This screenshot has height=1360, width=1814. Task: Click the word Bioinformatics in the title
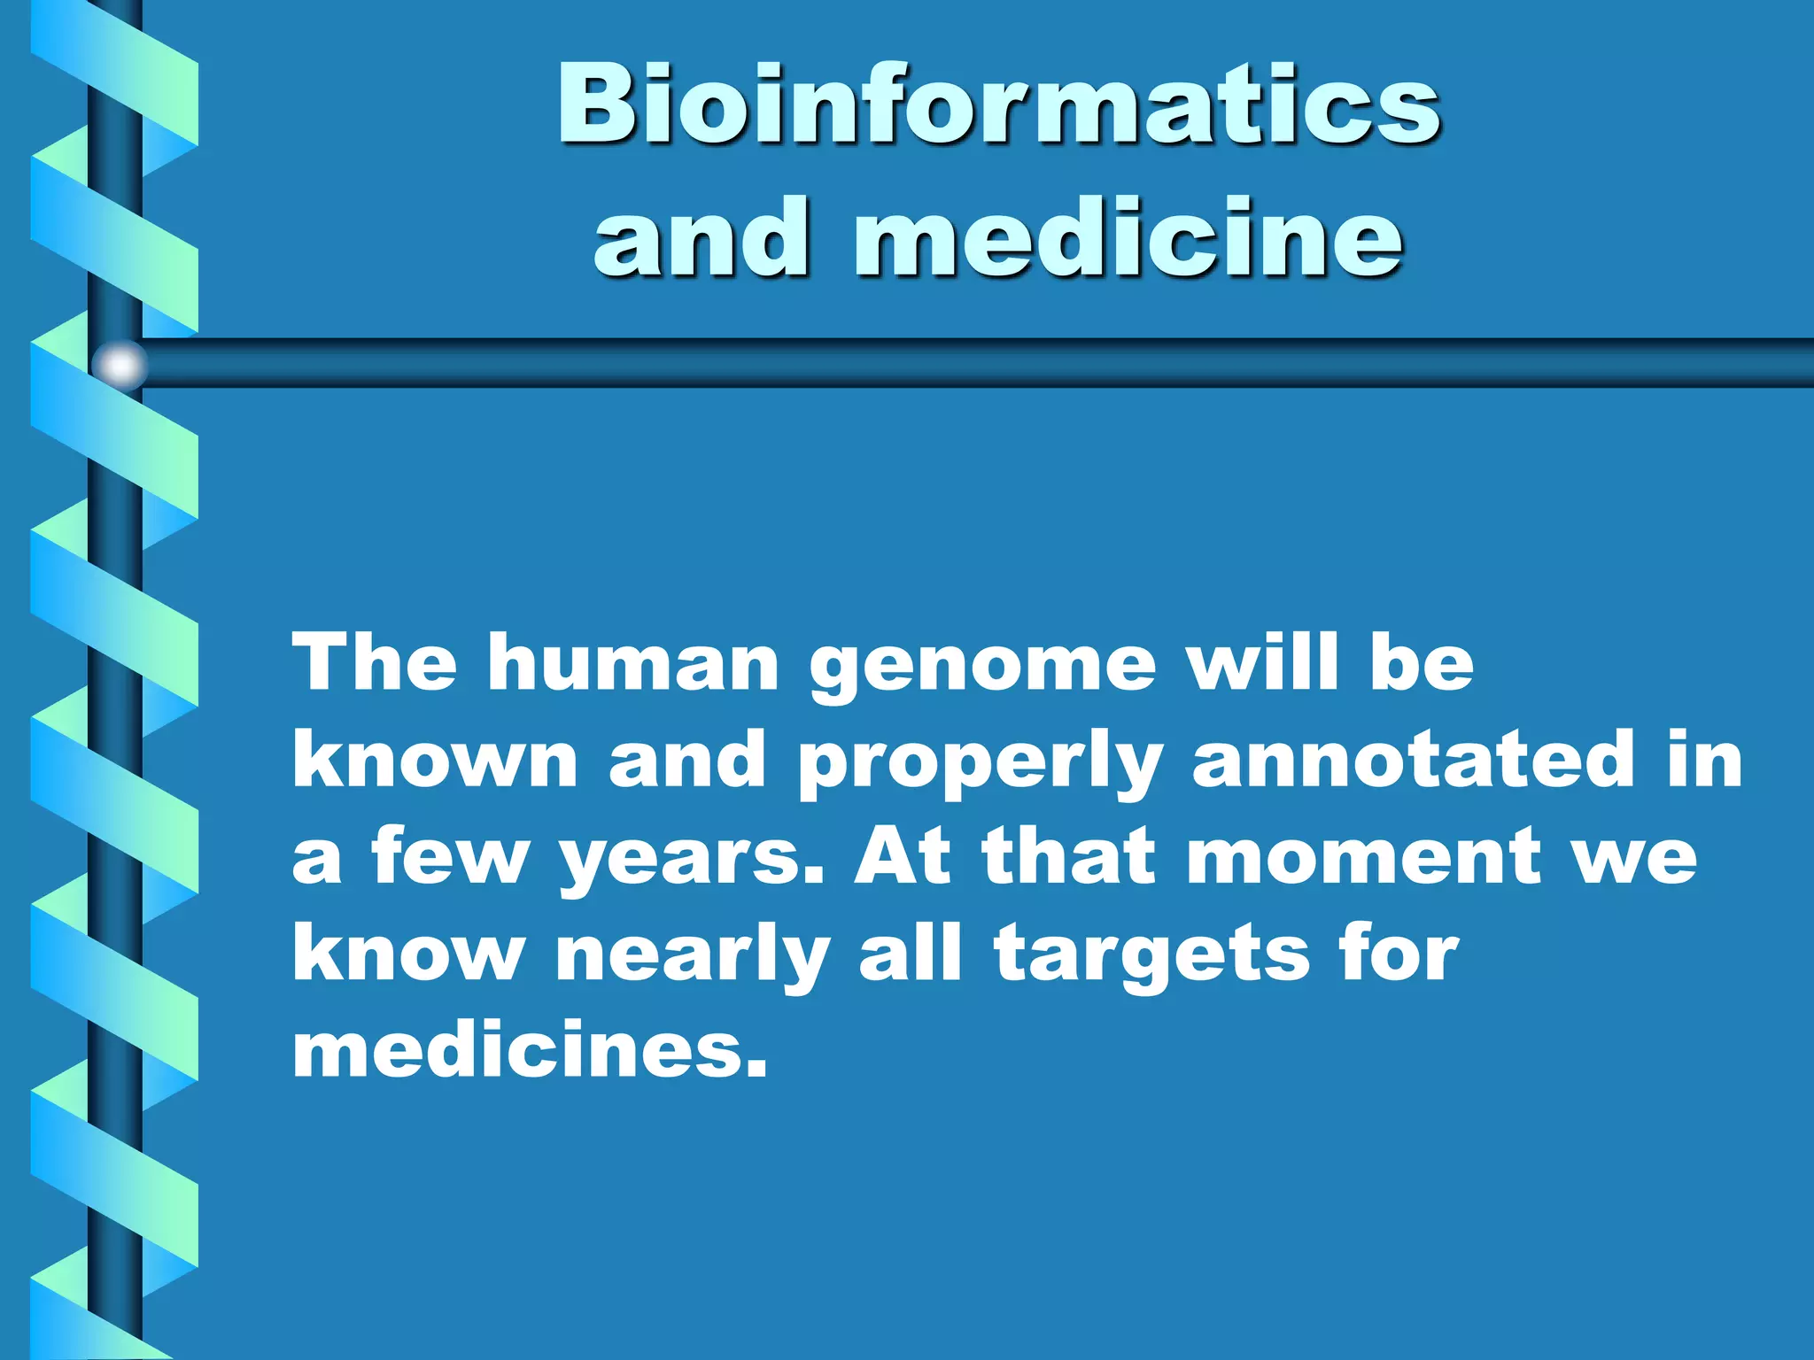tap(999, 104)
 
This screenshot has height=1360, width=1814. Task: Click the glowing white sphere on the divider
tap(120, 365)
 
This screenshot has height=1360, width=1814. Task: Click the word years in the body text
tap(691, 859)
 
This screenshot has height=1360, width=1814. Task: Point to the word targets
tap(1151, 956)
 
